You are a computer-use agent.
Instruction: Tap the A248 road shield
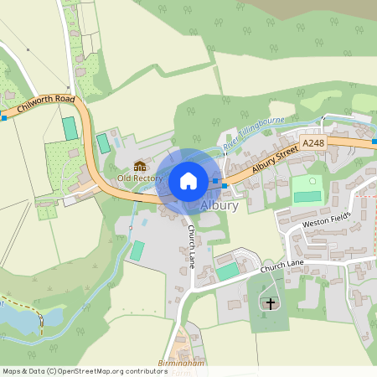point(313,144)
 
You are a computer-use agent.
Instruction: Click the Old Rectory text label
point(140,178)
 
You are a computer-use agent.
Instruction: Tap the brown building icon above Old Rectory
point(140,167)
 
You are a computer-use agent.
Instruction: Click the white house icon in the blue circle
point(188,181)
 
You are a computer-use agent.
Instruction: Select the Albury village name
point(219,205)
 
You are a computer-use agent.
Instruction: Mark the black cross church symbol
point(269,302)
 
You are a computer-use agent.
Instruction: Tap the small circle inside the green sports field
point(313,180)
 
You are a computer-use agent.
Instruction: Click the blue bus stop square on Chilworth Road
point(3,118)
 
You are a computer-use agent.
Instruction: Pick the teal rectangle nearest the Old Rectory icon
point(104,143)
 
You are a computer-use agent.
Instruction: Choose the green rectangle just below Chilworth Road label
point(70,128)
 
